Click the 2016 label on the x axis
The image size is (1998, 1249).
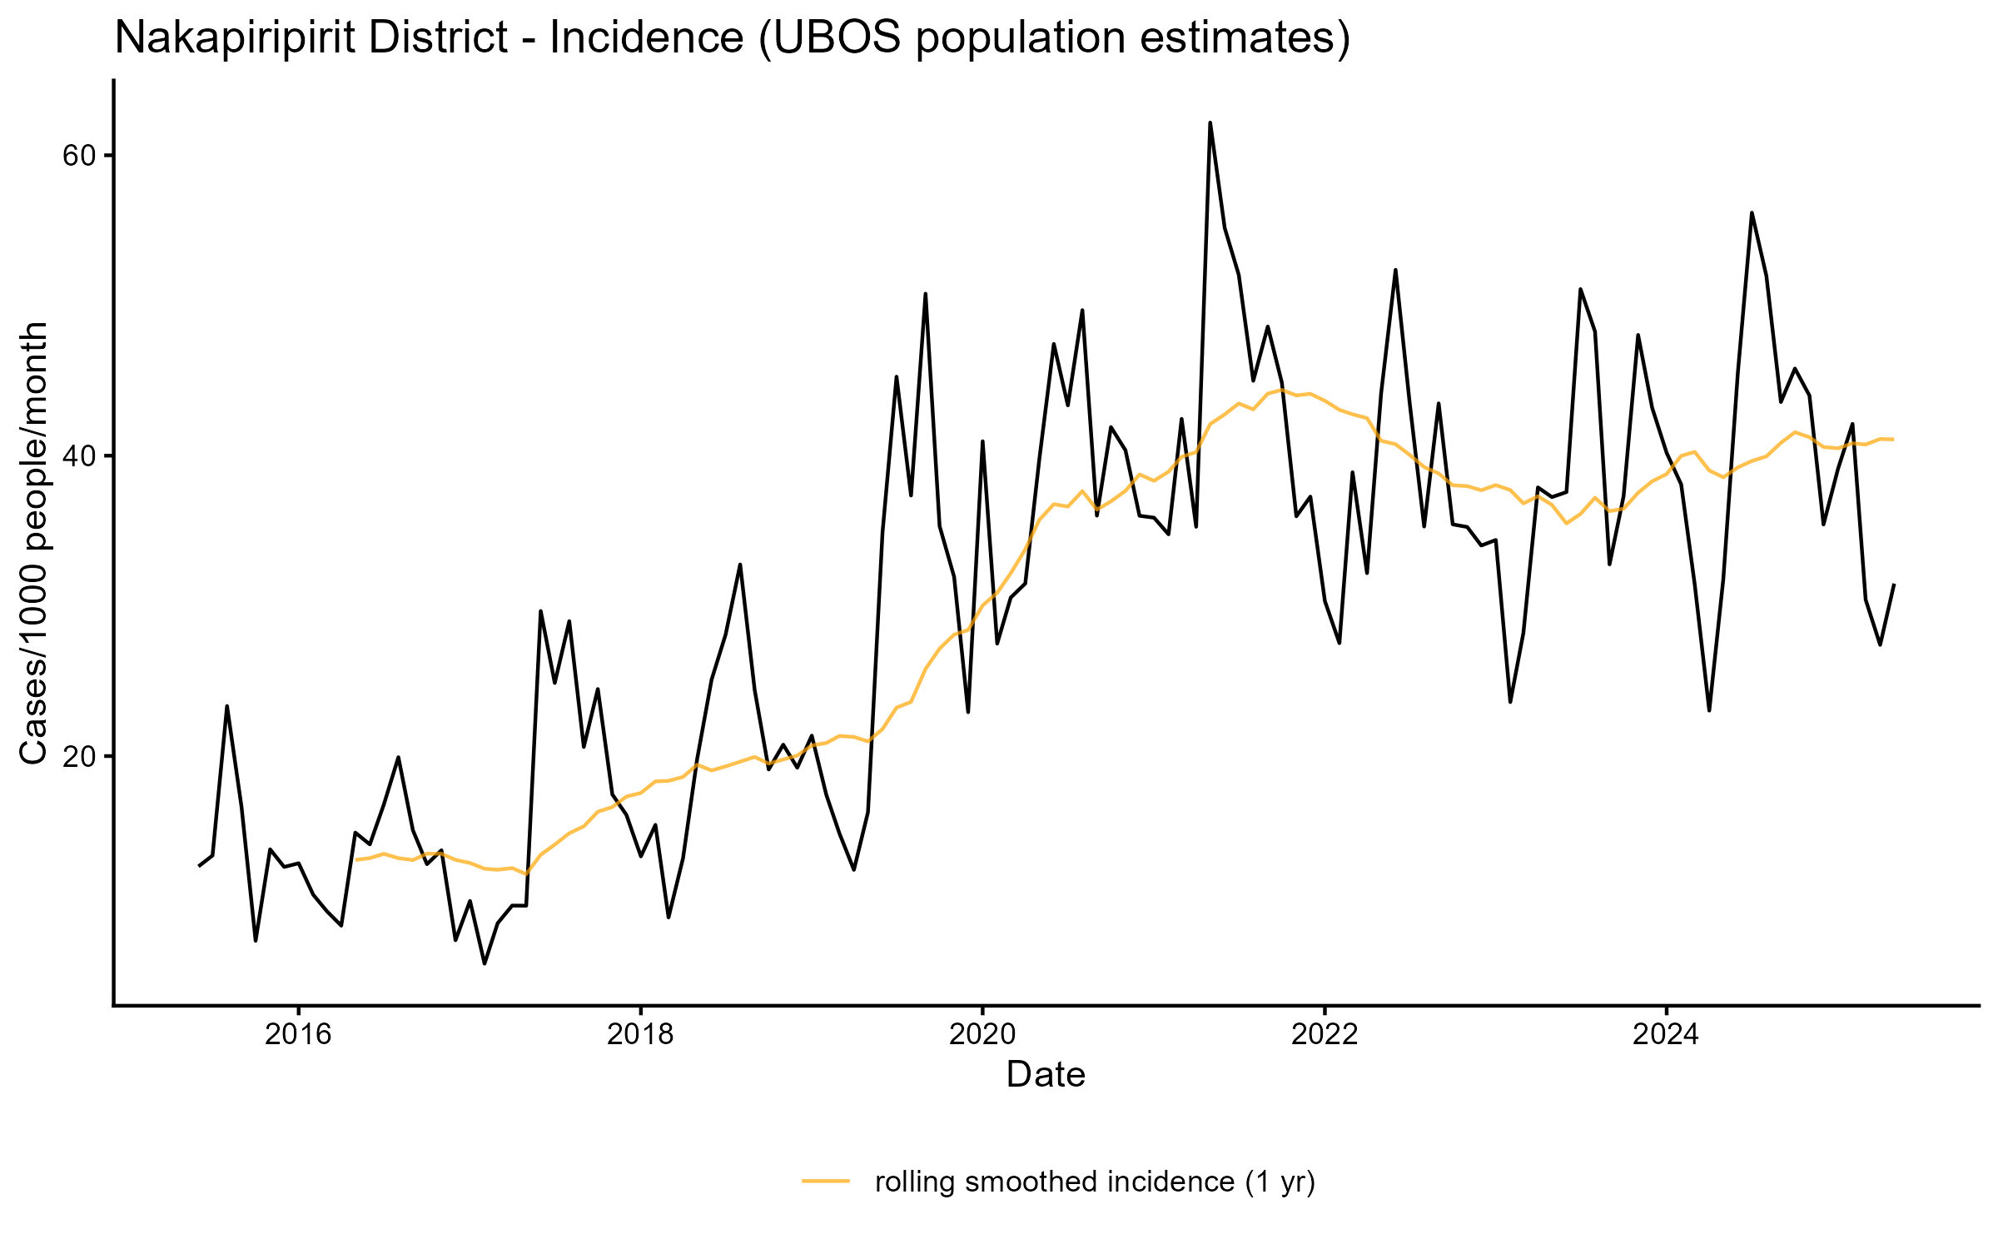click(x=298, y=1034)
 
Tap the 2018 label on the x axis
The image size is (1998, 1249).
click(x=640, y=1034)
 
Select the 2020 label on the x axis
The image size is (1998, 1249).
click(x=982, y=1034)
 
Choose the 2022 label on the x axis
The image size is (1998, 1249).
click(x=1325, y=1034)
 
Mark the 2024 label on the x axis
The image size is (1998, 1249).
click(x=1666, y=1034)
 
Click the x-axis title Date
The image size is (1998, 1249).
click(x=1046, y=1075)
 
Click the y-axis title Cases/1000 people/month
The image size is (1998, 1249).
click(x=34, y=543)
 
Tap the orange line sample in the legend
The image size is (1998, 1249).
click(x=826, y=1181)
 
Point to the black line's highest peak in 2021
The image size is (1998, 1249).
click(x=1210, y=123)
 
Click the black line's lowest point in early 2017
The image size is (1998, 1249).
click(x=485, y=963)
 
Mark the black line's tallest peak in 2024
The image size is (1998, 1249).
click(x=1752, y=212)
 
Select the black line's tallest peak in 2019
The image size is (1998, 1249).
click(x=925, y=294)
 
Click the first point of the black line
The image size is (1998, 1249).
click(x=199, y=866)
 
